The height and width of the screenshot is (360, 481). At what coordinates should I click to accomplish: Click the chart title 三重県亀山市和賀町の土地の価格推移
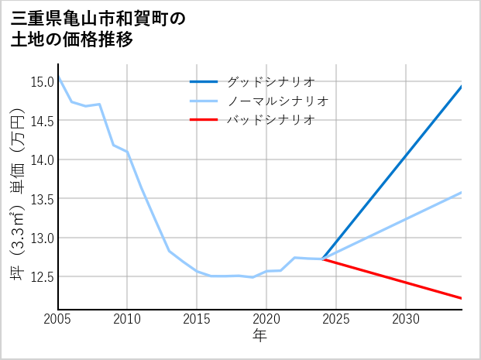[x=98, y=29]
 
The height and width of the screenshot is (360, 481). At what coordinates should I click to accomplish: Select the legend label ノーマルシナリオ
[x=277, y=101]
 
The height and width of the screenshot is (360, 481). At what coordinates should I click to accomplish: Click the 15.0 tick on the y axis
[x=42, y=81]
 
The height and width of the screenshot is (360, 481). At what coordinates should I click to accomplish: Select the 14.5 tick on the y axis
[x=42, y=121]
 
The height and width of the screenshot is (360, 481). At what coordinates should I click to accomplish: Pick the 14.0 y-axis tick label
[x=42, y=159]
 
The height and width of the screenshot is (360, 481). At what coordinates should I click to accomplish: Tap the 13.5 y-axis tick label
[x=42, y=198]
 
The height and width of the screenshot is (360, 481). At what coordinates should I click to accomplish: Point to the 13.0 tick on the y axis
[x=42, y=238]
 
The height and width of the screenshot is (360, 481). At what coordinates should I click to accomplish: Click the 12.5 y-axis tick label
[x=42, y=276]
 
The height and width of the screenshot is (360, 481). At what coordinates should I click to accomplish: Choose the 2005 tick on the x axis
[x=57, y=319]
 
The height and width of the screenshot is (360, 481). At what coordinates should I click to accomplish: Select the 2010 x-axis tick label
[x=127, y=319]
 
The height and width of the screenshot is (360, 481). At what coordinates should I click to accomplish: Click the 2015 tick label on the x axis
[x=197, y=319]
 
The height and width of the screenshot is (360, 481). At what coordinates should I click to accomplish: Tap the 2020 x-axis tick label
[x=266, y=319]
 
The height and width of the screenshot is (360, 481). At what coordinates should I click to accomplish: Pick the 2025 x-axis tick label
[x=336, y=319]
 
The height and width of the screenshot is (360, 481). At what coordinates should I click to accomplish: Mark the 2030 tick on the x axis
[x=406, y=319]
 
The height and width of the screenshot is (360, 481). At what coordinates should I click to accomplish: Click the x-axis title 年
[x=259, y=336]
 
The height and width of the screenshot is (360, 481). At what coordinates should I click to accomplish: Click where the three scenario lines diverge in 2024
[x=322, y=259]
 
